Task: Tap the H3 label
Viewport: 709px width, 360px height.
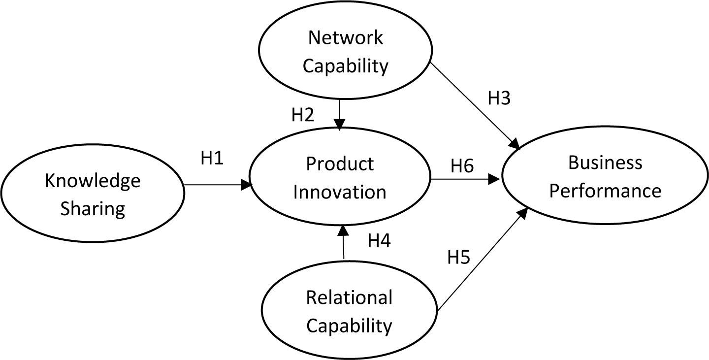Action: click(x=499, y=98)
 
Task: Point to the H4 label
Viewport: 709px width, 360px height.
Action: click(x=379, y=241)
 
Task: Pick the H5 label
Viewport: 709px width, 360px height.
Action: click(x=459, y=258)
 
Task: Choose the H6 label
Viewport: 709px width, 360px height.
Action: click(x=462, y=166)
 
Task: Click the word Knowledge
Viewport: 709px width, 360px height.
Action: click(x=93, y=182)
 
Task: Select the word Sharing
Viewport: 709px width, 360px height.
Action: click(x=93, y=209)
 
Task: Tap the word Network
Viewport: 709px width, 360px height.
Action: click(x=345, y=38)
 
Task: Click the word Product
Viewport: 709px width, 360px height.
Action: click(x=340, y=164)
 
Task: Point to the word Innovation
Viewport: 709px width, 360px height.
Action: click(x=340, y=192)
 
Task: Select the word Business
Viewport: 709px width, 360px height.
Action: click(x=605, y=163)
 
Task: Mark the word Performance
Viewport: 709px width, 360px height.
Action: click(x=605, y=191)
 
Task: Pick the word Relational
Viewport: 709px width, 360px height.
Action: click(x=349, y=297)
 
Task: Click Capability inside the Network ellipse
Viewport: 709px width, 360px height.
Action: click(x=345, y=66)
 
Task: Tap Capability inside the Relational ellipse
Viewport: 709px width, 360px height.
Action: click(x=349, y=326)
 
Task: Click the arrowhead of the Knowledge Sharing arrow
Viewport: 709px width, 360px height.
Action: click(x=247, y=185)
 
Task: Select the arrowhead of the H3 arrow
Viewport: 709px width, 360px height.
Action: click(x=516, y=144)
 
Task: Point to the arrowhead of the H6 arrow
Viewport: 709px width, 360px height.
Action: click(x=494, y=180)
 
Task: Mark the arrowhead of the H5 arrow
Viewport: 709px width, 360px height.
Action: click(x=524, y=212)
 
